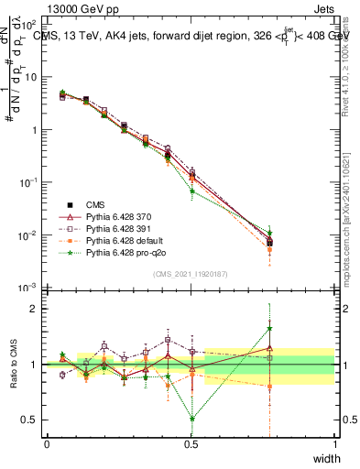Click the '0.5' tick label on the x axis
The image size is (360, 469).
pyautogui.click(x=191, y=444)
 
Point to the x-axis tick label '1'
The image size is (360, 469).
pyautogui.click(x=334, y=444)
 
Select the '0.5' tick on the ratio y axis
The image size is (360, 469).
pyautogui.click(x=30, y=420)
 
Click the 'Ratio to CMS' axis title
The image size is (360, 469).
pyautogui.click(x=13, y=365)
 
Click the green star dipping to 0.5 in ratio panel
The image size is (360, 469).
pyautogui.click(x=191, y=419)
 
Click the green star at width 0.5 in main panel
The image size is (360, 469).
pyautogui.click(x=191, y=191)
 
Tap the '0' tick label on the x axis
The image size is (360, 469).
pyautogui.click(x=47, y=444)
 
